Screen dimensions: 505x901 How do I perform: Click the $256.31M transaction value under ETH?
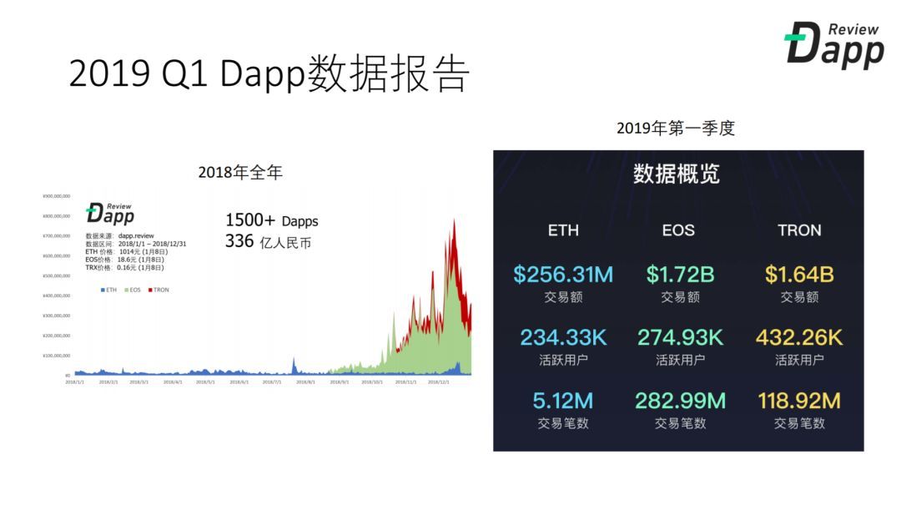(563, 274)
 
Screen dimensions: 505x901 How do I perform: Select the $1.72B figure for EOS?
(680, 274)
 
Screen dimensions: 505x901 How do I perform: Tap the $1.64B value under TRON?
(799, 274)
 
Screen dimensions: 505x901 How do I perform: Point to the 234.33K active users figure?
(563, 337)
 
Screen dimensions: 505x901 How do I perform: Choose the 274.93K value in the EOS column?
(680, 337)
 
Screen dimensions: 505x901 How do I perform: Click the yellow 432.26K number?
(799, 337)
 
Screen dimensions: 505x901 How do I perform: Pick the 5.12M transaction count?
(563, 401)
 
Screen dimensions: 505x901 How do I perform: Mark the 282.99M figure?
(680, 401)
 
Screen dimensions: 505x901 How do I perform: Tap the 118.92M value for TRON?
(799, 401)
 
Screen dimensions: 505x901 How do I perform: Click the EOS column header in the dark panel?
(678, 230)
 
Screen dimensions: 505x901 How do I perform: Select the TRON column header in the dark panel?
(799, 230)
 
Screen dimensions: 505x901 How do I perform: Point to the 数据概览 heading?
(677, 174)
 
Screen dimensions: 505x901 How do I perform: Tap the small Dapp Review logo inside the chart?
(109, 213)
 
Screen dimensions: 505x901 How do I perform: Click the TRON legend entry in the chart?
(159, 290)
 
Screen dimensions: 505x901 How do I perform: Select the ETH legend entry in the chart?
(108, 290)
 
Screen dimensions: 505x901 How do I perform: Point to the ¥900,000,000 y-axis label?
(56, 196)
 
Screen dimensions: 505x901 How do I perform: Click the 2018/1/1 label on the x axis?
(75, 381)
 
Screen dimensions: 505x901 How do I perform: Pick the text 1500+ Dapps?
(271, 221)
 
